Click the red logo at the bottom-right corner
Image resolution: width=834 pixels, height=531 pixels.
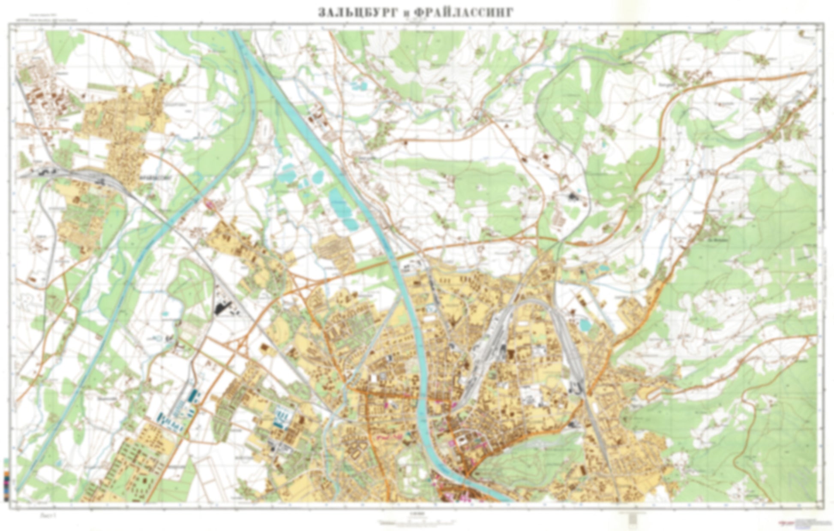coord(784,522)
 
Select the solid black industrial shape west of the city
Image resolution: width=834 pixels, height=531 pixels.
coord(223,307)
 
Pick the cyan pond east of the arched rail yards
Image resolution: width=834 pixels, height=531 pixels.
coord(584,325)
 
